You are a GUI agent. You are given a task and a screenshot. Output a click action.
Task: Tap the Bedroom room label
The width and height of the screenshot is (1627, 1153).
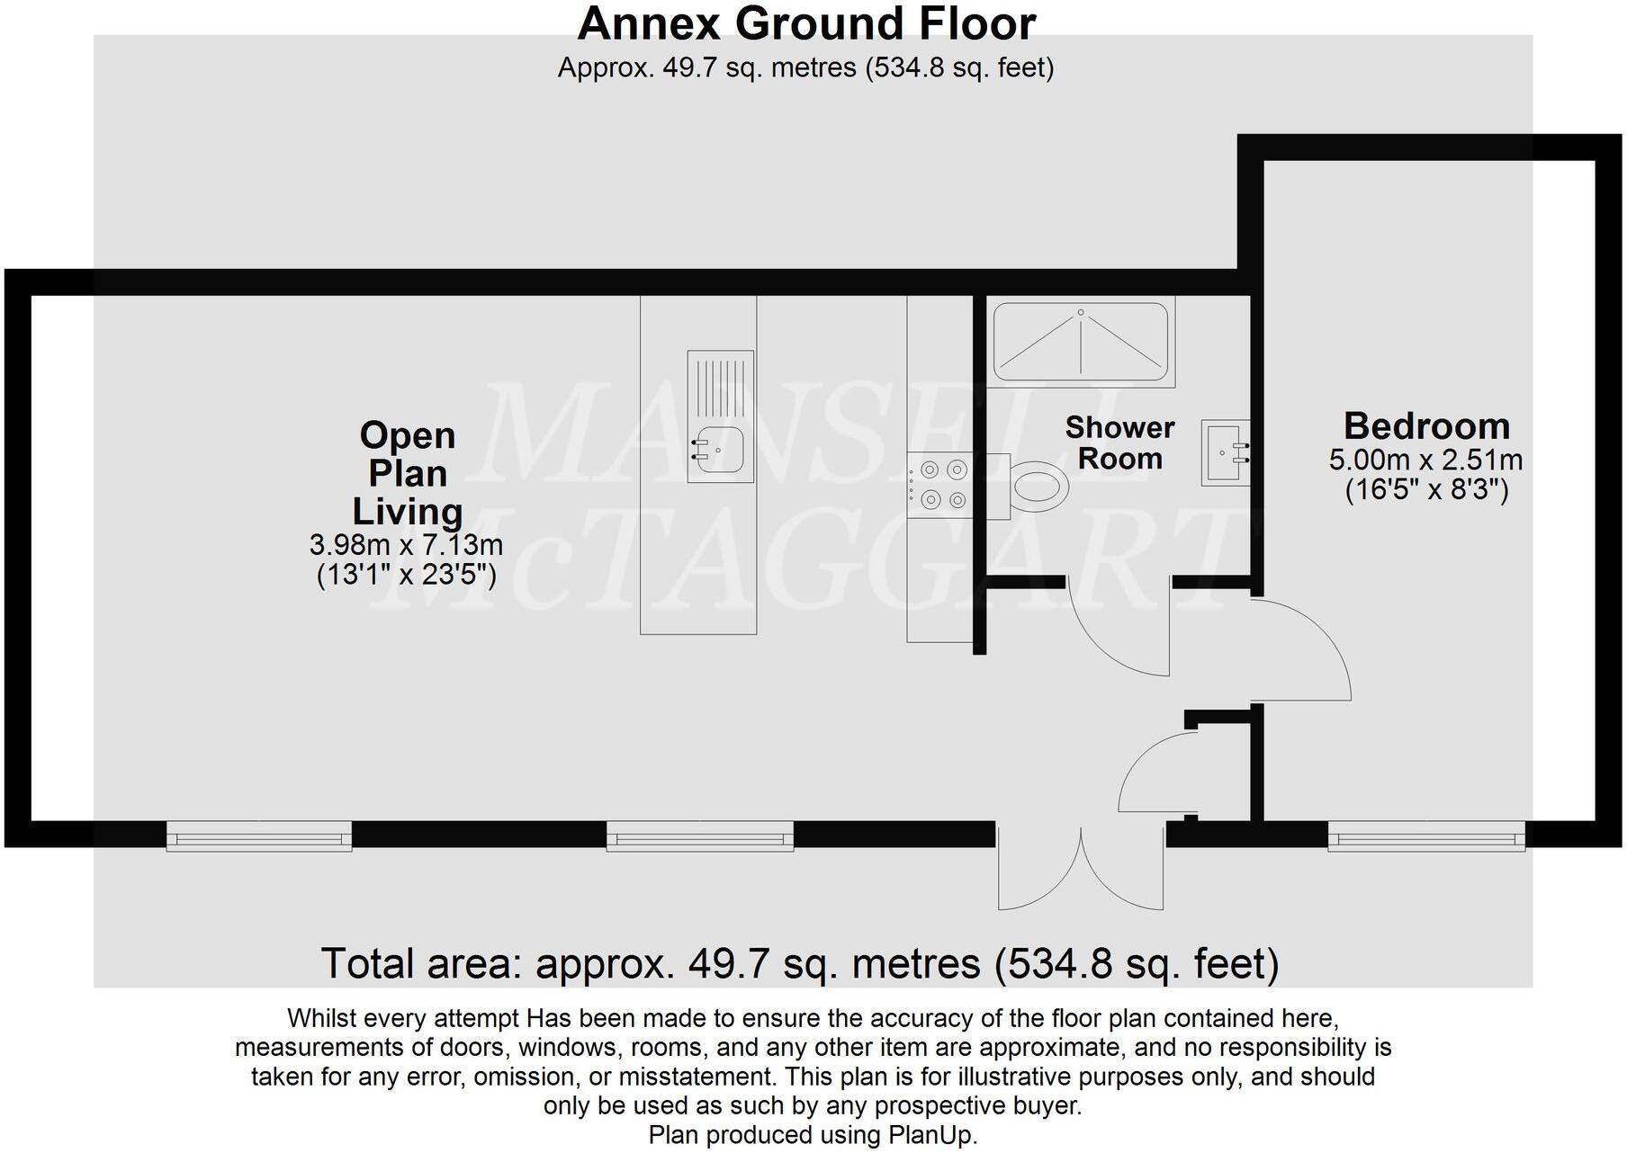1425,425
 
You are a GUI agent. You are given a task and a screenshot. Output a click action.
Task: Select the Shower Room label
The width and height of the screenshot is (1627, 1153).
1119,442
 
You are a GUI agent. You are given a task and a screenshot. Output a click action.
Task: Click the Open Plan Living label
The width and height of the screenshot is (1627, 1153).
408,473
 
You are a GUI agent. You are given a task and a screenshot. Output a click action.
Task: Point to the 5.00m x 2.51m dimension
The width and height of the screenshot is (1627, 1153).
1425,460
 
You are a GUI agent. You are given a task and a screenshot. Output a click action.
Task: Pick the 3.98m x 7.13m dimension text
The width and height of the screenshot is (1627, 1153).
406,544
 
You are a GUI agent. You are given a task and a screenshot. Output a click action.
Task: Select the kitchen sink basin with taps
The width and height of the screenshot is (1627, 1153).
720,449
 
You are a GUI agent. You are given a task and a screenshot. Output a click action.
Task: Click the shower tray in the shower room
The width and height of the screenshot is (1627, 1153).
1081,342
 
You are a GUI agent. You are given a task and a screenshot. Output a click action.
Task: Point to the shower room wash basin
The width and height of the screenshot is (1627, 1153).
1223,452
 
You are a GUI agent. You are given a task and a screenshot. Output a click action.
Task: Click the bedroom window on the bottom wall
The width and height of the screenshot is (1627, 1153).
1426,838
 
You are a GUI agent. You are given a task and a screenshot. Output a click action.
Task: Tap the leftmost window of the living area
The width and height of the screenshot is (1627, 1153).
259,838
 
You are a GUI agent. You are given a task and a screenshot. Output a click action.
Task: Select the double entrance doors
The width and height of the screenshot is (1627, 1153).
1080,868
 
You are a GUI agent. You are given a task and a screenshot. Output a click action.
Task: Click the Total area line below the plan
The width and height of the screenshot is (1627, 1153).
799,963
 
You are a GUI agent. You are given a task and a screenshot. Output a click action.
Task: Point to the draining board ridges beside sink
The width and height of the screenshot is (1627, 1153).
721,388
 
